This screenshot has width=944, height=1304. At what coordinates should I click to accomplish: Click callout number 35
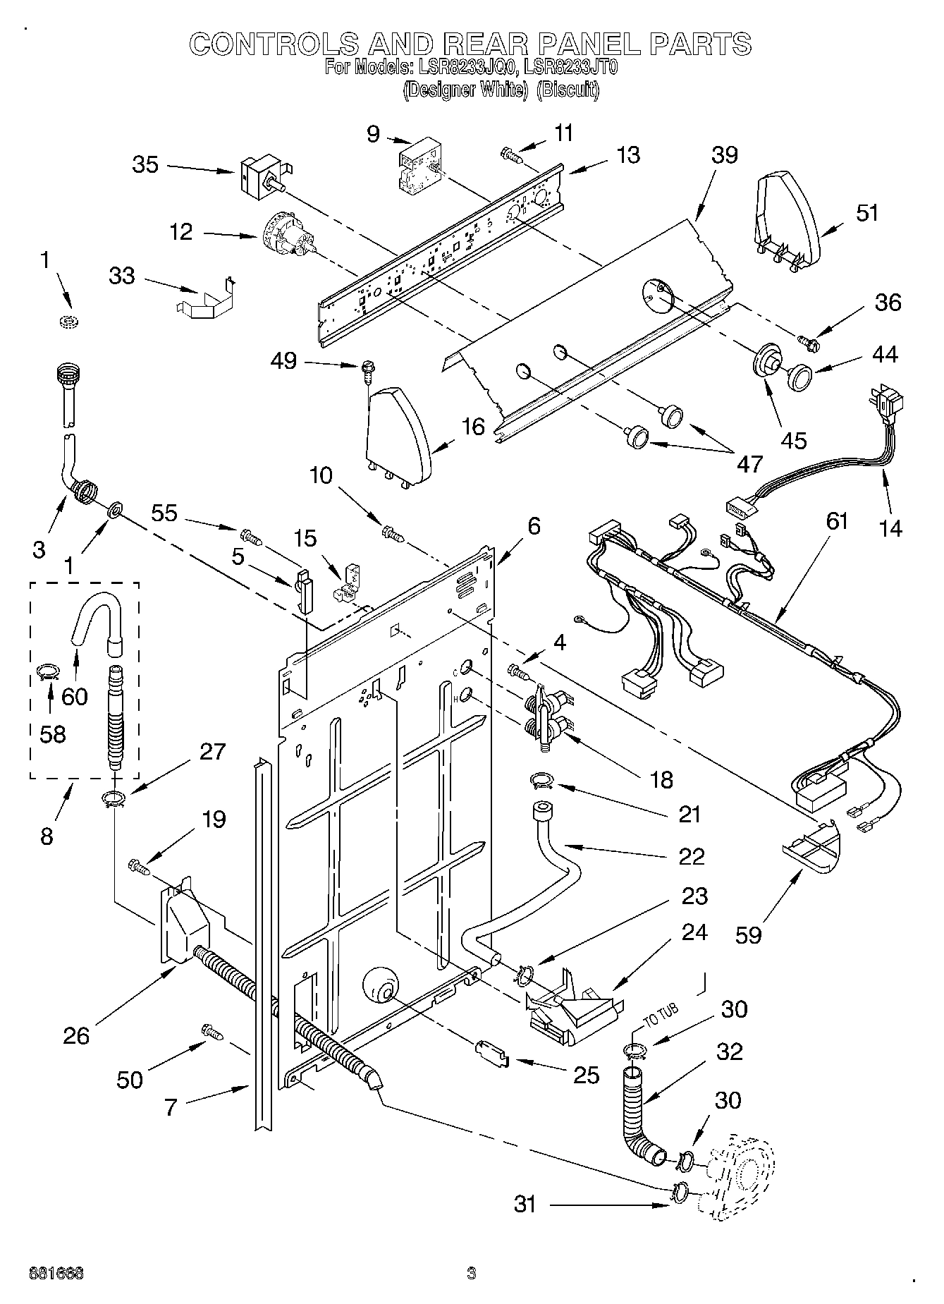pyautogui.click(x=146, y=165)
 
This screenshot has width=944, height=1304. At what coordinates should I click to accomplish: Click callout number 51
pyautogui.click(x=868, y=212)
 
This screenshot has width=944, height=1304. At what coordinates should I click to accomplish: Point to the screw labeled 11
pyautogui.click(x=511, y=154)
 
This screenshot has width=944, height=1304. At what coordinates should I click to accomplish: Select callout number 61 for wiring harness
pyautogui.click(x=836, y=522)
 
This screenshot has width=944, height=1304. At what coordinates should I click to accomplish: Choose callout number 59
pyautogui.click(x=749, y=935)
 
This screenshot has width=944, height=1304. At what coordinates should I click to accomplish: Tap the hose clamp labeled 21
pyautogui.click(x=542, y=779)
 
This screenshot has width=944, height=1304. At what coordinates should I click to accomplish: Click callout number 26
pyautogui.click(x=76, y=1035)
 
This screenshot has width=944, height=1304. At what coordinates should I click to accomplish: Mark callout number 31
pyautogui.click(x=525, y=1205)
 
